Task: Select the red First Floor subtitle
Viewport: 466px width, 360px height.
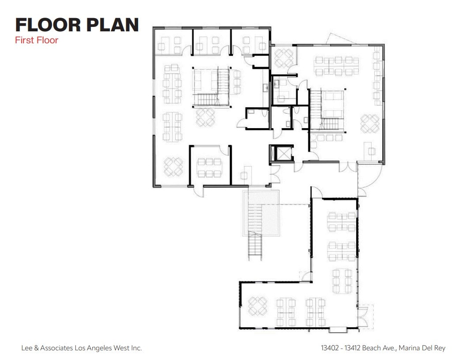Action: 37,40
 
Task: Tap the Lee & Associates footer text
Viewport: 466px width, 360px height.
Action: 82,348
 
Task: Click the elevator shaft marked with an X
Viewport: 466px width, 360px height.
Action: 282,153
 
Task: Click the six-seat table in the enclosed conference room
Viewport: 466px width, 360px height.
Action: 209,167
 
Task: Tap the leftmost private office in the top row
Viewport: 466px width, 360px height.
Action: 172,42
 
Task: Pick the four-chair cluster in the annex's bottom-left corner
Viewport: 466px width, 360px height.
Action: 257,306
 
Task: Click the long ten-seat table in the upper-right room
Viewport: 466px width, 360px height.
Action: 336,65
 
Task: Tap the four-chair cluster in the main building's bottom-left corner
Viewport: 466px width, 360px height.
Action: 173,167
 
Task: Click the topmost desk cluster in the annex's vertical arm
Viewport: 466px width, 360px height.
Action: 342,221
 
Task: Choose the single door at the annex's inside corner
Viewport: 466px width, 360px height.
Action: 304,276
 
